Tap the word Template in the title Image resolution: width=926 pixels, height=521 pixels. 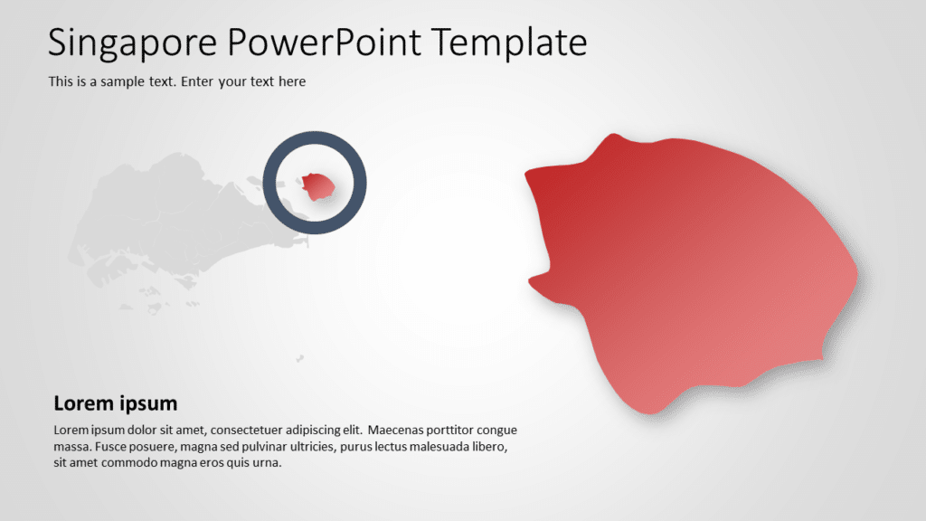click(509, 42)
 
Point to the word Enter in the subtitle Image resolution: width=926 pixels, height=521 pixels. click(198, 81)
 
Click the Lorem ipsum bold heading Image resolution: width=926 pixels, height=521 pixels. click(116, 403)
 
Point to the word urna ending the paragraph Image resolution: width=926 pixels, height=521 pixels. click(267, 463)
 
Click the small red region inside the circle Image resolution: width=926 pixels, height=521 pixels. click(318, 186)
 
